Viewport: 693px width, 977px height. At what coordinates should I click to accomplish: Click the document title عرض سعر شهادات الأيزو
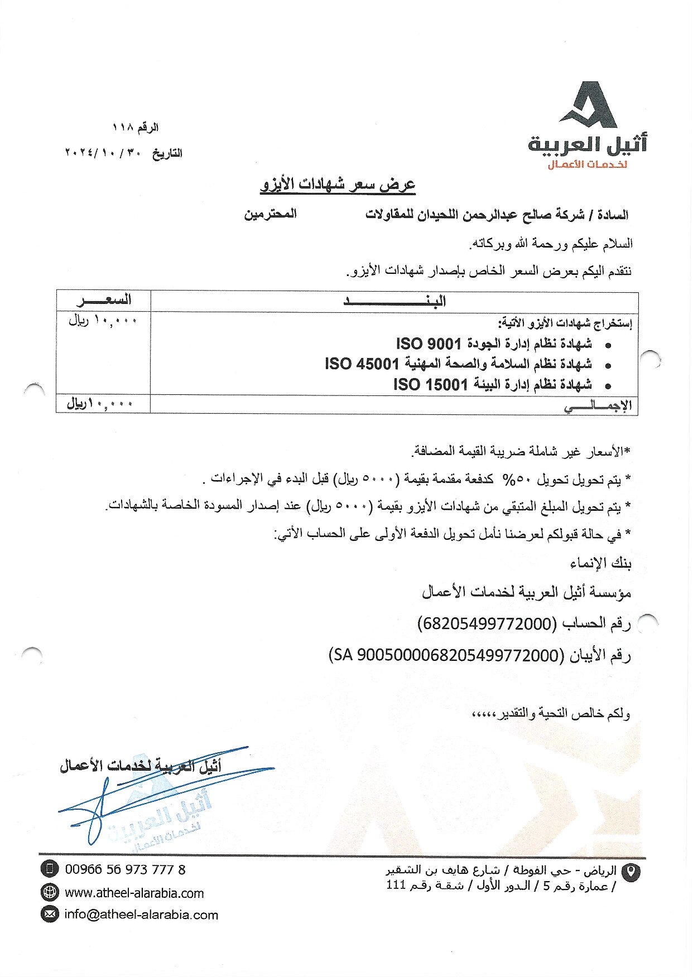click(x=338, y=185)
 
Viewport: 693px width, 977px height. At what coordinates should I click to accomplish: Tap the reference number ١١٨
click(x=122, y=128)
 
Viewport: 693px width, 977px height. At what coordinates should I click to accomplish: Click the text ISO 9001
click(x=428, y=344)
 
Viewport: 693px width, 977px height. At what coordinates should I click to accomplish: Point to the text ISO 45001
click(x=362, y=364)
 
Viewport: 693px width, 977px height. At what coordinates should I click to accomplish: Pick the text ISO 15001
click(x=430, y=385)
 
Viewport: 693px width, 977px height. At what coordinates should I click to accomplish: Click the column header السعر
click(x=104, y=301)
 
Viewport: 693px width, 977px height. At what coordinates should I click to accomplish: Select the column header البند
click(x=394, y=302)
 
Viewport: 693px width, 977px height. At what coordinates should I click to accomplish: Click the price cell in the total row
click(x=100, y=404)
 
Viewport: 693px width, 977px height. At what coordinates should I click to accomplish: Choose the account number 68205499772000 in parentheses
click(x=487, y=623)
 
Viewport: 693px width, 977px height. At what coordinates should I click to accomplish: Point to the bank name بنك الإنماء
click(x=600, y=563)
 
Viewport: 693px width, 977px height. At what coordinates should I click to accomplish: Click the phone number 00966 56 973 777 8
click(x=125, y=869)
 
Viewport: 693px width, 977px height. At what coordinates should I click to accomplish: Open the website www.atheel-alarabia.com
click(x=134, y=893)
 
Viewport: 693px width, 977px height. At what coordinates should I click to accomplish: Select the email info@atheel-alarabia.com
click(x=141, y=915)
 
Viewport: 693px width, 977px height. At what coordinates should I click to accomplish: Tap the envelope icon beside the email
click(x=50, y=915)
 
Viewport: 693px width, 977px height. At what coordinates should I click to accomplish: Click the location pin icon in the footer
click(x=631, y=872)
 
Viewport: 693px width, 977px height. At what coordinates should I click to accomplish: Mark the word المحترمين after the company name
click(x=271, y=214)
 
